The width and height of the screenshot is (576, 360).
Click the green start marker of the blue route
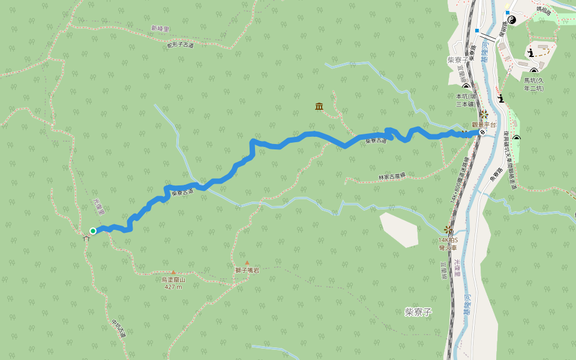pos(93,230)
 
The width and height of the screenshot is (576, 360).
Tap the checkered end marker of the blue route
pos(482,132)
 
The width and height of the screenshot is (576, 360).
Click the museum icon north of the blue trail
pos(319,106)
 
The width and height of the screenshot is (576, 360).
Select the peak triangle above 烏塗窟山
pos(173,272)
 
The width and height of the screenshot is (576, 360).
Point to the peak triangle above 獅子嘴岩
pos(247,263)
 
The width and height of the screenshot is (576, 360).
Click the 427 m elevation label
pos(173,287)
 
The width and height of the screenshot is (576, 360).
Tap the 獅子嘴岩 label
pos(247,271)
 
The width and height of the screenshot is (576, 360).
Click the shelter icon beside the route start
pos(86,238)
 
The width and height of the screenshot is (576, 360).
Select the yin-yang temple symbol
pos(511,20)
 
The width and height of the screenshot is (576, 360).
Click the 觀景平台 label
pos(484,125)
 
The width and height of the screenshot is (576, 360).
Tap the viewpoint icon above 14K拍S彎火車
pos(448,229)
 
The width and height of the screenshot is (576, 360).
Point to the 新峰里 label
pos(160,28)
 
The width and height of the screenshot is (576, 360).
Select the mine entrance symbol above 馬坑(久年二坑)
pos(533,72)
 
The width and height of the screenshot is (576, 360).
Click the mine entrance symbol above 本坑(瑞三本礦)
pos(466,87)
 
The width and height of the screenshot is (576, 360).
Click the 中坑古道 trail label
pos(118,328)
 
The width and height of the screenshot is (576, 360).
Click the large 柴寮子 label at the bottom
pos(418,312)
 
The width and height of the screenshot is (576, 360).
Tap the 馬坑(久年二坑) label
pos(533,84)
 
